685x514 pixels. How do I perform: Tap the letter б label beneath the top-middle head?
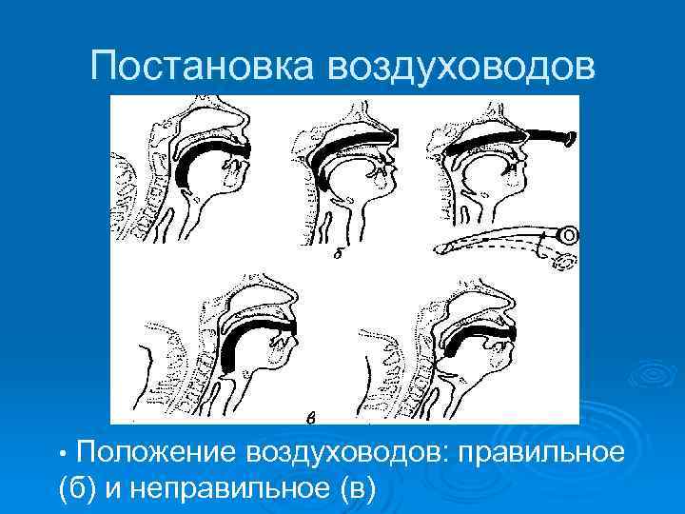tap(338, 255)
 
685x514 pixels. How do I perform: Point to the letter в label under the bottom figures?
tap(310, 416)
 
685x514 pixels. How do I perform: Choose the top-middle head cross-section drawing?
tap(347, 171)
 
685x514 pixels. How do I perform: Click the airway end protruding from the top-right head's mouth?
tap(561, 139)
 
